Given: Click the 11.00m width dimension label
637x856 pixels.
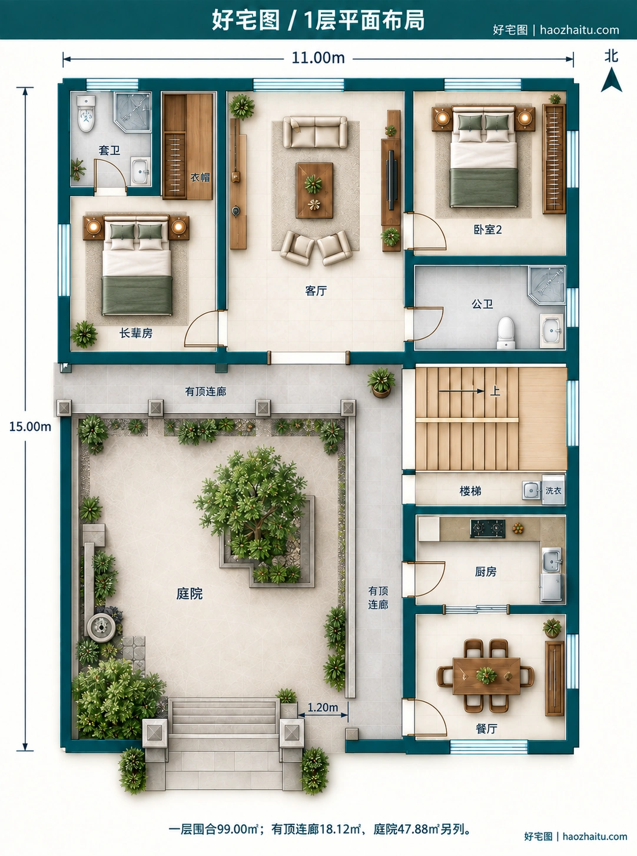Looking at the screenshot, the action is (x=318, y=58).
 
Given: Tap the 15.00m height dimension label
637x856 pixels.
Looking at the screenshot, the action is (x=30, y=426).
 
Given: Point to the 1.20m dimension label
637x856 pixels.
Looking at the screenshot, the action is (x=323, y=708).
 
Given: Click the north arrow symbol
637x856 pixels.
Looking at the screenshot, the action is (x=611, y=80).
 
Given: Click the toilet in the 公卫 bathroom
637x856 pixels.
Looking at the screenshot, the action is (x=506, y=333).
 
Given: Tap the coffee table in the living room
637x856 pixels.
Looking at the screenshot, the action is (x=314, y=191).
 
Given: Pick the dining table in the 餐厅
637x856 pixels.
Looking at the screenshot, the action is (x=486, y=676).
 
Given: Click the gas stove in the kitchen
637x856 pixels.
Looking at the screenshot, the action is (x=487, y=529).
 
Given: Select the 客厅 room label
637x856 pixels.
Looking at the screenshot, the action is (x=316, y=291).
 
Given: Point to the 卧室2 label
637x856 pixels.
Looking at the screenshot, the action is (x=487, y=230).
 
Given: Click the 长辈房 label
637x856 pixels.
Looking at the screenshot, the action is (x=136, y=333).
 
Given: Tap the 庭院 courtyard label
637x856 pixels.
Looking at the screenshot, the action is (x=189, y=593).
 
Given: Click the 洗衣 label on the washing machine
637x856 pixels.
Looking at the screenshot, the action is (x=553, y=490).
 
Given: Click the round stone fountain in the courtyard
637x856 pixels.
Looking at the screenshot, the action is (x=101, y=627).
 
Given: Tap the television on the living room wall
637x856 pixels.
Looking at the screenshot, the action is (x=391, y=180).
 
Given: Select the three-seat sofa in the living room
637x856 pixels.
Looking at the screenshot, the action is (x=315, y=132).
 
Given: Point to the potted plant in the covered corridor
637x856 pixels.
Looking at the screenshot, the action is (x=381, y=383).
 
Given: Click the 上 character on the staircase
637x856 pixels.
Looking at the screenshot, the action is (x=495, y=391).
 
